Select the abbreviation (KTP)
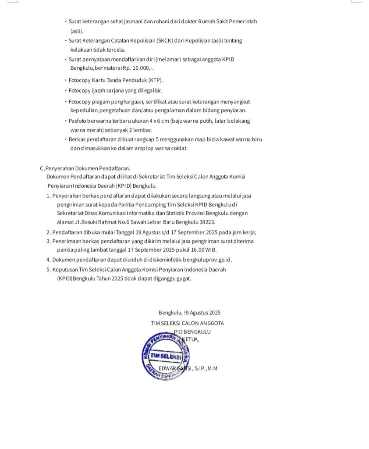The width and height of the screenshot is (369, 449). coord(156,80)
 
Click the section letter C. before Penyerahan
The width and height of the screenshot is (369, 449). coord(42,168)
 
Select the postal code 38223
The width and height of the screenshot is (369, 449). coord(207,222)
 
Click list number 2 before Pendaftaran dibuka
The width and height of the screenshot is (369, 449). coord(48,232)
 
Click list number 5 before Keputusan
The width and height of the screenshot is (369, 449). coord(48,270)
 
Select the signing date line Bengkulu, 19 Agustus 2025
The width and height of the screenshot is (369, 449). coord(189,313)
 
